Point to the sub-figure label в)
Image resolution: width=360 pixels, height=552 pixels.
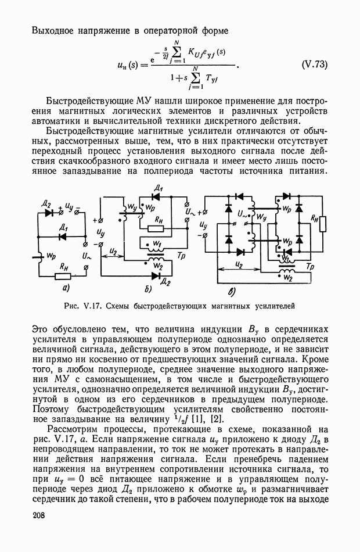232,291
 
